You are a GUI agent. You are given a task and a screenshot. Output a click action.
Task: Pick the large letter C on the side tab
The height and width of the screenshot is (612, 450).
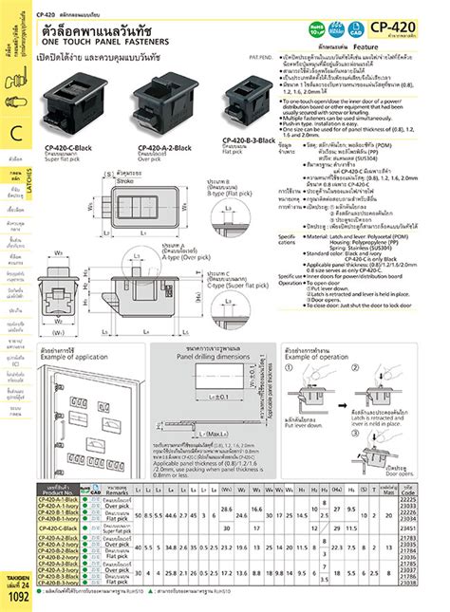point(15,133)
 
